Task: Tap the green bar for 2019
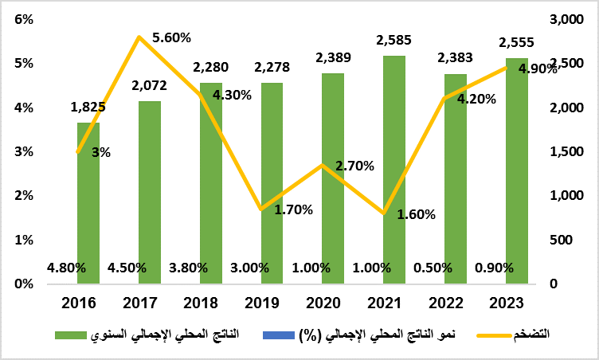tap(272, 183)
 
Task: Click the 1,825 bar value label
tap(88, 107)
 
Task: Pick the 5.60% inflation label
tap(171, 37)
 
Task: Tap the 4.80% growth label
tap(66, 268)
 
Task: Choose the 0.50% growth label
tap(433, 268)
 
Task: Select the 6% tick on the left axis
tap(24, 20)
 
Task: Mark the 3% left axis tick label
tap(24, 151)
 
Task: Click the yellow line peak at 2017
tap(139, 37)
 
